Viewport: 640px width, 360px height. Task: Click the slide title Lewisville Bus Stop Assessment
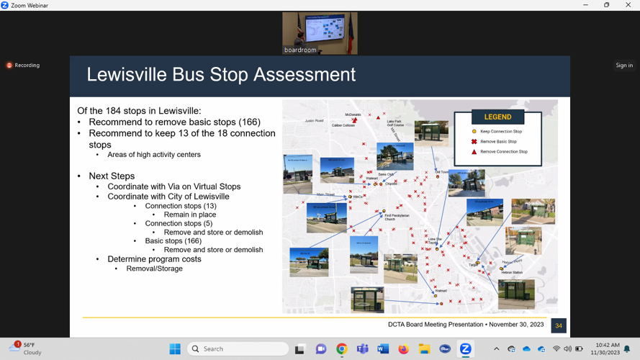click(x=221, y=75)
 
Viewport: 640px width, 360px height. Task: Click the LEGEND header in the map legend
click(x=497, y=117)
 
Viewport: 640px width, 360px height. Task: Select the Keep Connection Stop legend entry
click(x=501, y=132)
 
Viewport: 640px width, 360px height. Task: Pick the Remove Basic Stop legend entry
click(x=498, y=142)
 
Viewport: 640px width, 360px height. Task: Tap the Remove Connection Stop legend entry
click(x=503, y=152)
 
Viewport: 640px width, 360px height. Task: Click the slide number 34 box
click(x=558, y=325)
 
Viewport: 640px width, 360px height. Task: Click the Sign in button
click(x=624, y=66)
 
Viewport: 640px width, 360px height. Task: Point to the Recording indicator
click(x=23, y=66)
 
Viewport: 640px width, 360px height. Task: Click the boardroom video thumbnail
click(x=320, y=33)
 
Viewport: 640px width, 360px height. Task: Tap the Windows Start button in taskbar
click(x=175, y=349)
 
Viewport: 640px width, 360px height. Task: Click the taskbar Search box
click(x=238, y=349)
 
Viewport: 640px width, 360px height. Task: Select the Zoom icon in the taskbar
click(x=466, y=349)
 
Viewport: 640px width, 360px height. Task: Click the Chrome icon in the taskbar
click(x=341, y=349)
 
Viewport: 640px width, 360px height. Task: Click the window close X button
click(x=627, y=5)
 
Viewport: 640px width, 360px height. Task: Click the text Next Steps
click(x=112, y=176)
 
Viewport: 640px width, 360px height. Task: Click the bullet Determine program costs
click(x=154, y=259)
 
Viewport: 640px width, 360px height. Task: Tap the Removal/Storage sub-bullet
click(x=154, y=269)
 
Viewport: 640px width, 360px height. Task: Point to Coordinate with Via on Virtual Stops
click(x=173, y=186)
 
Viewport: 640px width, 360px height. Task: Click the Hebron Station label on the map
click(x=512, y=273)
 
